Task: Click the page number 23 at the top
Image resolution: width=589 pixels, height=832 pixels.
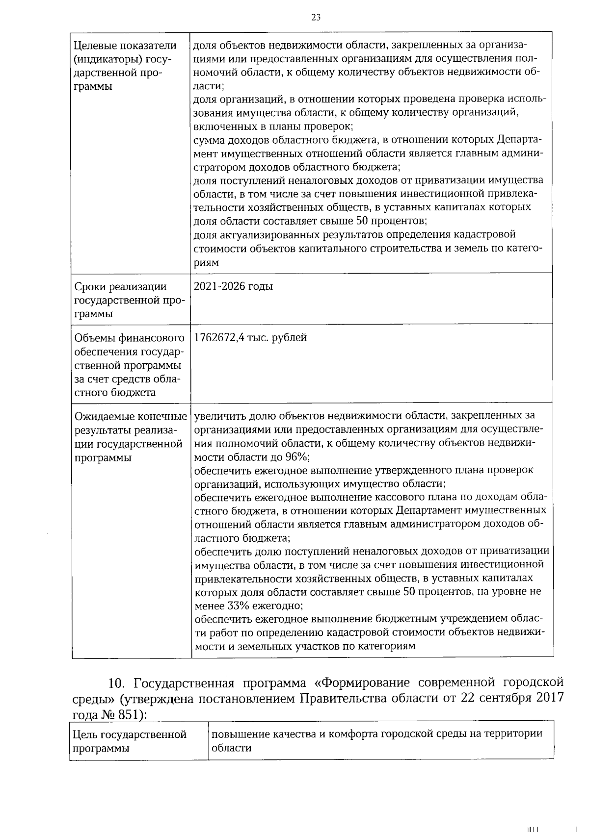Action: [x=316, y=18]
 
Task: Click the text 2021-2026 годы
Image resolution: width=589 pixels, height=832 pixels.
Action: [x=233, y=286]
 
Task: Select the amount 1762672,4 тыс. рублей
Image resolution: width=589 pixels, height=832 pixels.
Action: [x=250, y=338]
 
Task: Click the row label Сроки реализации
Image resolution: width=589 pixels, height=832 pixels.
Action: [x=120, y=287]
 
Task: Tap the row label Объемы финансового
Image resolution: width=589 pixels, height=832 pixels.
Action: [x=129, y=338]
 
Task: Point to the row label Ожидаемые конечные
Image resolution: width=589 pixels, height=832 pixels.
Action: [x=131, y=417]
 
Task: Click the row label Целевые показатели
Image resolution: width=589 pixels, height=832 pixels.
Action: [x=125, y=46]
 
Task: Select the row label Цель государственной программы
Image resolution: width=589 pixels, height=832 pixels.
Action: [x=130, y=741]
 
